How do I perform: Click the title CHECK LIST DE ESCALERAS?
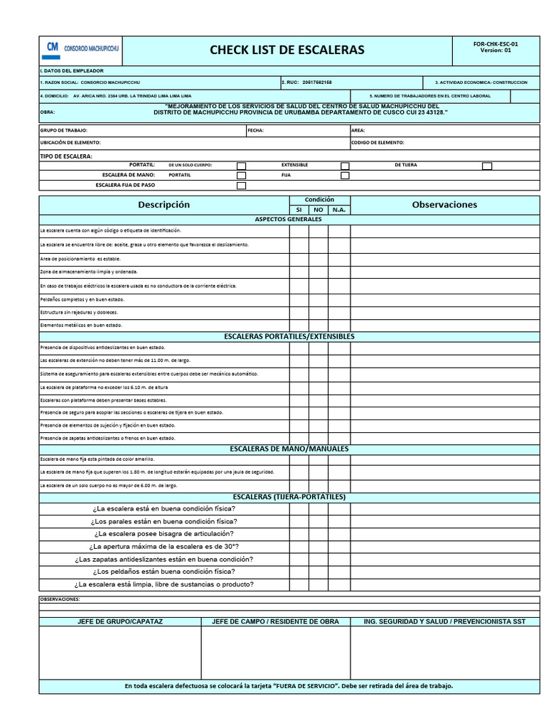pos(287,50)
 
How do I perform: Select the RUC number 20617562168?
pos(316,82)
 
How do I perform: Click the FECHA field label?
pos(255,131)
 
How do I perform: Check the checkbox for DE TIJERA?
pos(487,166)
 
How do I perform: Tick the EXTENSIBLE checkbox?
pos(345,166)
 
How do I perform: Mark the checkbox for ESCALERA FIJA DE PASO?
pos(241,186)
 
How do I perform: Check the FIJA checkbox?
pos(345,176)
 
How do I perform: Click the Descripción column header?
pos(164,205)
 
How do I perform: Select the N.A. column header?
pos(339,210)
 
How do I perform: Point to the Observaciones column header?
pos(444,205)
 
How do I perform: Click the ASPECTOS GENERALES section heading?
pos(288,220)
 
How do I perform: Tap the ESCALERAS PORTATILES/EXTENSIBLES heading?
pos(289,336)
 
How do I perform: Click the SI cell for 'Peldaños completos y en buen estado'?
pos(299,299)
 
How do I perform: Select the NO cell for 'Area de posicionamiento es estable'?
pos(318,259)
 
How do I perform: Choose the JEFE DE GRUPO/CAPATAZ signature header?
pos(120,621)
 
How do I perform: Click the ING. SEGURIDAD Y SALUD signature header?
pos(444,621)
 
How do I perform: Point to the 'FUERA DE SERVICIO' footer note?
pos(289,686)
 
